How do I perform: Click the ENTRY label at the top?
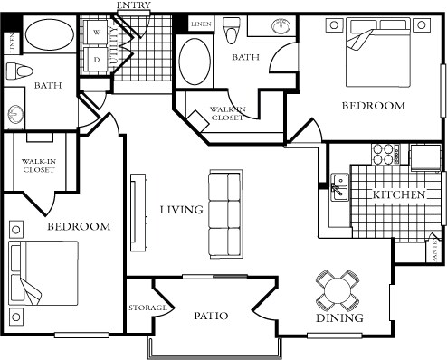pyautogui.click(x=134, y=6)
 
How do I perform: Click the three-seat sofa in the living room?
pyautogui.click(x=224, y=213)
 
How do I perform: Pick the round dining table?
pyautogui.click(x=337, y=290)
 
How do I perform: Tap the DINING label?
pyautogui.click(x=340, y=318)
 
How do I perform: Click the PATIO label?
pyautogui.click(x=210, y=316)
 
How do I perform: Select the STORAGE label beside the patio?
pyautogui.click(x=147, y=308)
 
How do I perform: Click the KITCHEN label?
pyautogui.click(x=398, y=194)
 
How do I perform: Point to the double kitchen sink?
pyautogui.click(x=340, y=188)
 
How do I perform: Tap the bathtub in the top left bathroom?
pyautogui.click(x=51, y=38)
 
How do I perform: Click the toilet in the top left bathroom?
pyautogui.click(x=18, y=72)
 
